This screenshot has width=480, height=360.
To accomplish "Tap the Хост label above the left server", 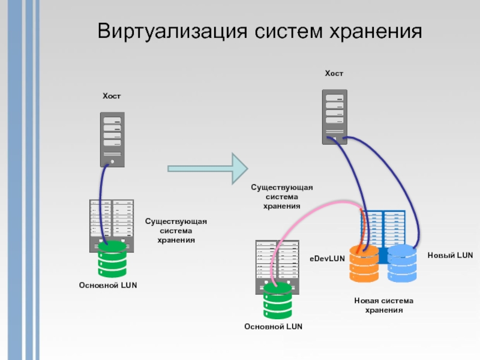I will coord(112,96).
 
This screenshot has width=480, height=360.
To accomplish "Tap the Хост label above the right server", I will coord(334,74).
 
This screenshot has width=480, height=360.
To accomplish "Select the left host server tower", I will coord(112,139).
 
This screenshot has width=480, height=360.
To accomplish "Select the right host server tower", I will coord(334,116).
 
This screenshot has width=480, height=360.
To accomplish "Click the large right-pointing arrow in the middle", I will coord(207,167).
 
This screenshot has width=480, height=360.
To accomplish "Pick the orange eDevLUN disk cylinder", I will coord(364,263).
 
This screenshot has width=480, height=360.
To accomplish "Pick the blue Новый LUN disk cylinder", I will coord(401,263).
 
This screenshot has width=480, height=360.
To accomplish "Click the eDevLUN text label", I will coord(327,259).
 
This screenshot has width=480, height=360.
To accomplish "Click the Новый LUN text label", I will coord(450,256).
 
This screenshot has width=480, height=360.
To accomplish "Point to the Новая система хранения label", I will coord(384,305).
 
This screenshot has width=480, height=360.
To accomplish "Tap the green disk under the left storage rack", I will coord(112,258).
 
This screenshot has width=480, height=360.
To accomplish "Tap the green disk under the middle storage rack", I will coord(278,300).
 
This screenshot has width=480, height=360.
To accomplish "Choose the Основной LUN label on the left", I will coord(108,285).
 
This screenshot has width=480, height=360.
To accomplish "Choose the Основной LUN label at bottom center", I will coord(273,326).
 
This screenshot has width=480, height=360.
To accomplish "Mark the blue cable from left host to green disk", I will coord(103,198).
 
